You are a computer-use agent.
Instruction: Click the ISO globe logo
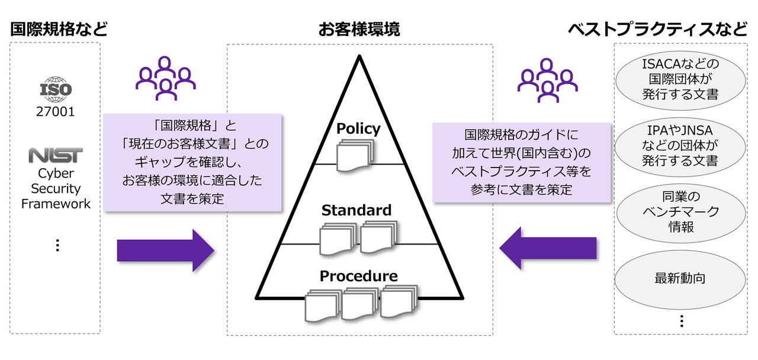click(56, 89)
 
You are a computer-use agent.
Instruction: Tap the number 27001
click(56, 111)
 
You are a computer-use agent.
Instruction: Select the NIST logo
click(56, 156)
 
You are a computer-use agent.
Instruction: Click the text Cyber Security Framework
click(56, 188)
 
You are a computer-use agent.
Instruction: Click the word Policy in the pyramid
click(358, 128)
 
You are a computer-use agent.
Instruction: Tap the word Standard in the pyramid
click(356, 210)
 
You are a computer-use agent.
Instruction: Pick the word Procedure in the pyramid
click(358, 276)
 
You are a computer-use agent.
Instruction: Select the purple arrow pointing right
click(165, 249)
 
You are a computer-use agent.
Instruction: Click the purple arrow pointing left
click(548, 249)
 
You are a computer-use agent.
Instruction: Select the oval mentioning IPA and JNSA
click(680, 146)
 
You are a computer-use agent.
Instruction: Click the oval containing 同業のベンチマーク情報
click(680, 212)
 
